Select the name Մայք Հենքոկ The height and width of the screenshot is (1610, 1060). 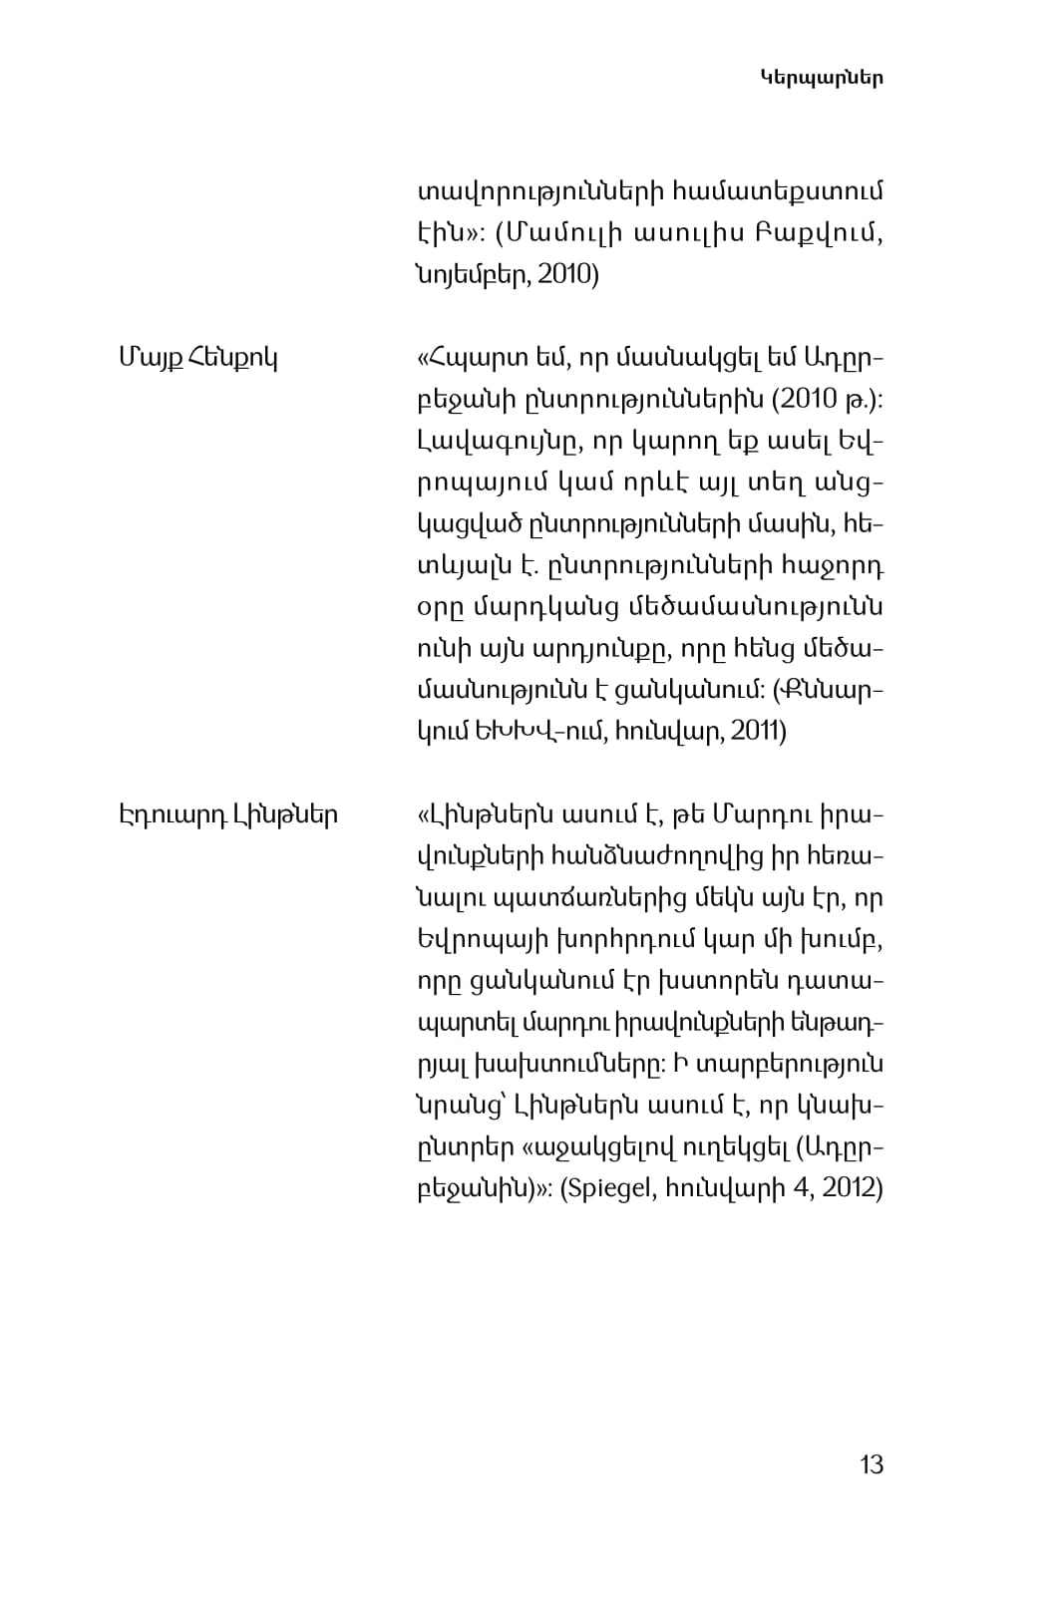[197, 356]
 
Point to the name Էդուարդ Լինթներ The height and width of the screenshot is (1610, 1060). [228, 815]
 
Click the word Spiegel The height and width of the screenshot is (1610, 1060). [604, 1189]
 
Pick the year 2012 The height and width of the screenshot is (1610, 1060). [851, 1189]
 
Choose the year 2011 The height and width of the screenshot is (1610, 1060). [758, 732]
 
